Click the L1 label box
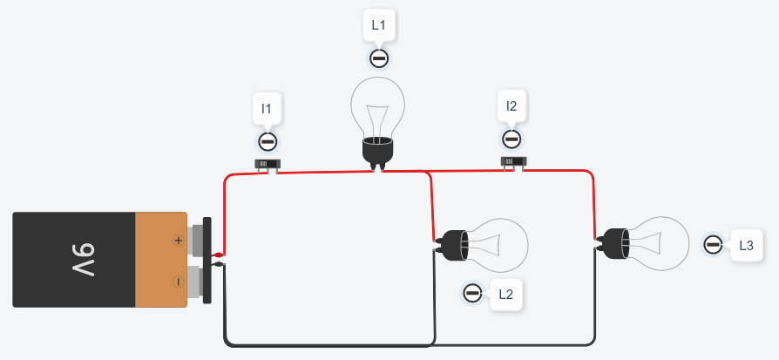pyautogui.click(x=378, y=25)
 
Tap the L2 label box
pyautogui.click(x=505, y=294)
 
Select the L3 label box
pyautogui.click(x=745, y=246)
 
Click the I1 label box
pyautogui.click(x=267, y=109)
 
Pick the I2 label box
pyautogui.click(x=511, y=107)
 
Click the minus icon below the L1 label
pyautogui.click(x=379, y=58)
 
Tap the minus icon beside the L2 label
pyautogui.click(x=472, y=293)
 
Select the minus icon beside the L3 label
pyautogui.click(x=713, y=245)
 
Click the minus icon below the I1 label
pyautogui.click(x=268, y=141)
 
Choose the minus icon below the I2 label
pyautogui.click(x=511, y=139)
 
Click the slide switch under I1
pyautogui.click(x=268, y=163)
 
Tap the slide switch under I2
pyautogui.click(x=512, y=161)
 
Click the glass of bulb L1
pyautogui.click(x=378, y=105)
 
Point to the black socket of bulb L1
pyautogui.click(x=378, y=150)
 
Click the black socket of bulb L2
pyautogui.click(x=453, y=245)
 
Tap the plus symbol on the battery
pyautogui.click(x=178, y=240)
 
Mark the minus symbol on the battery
pyautogui.click(x=178, y=282)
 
